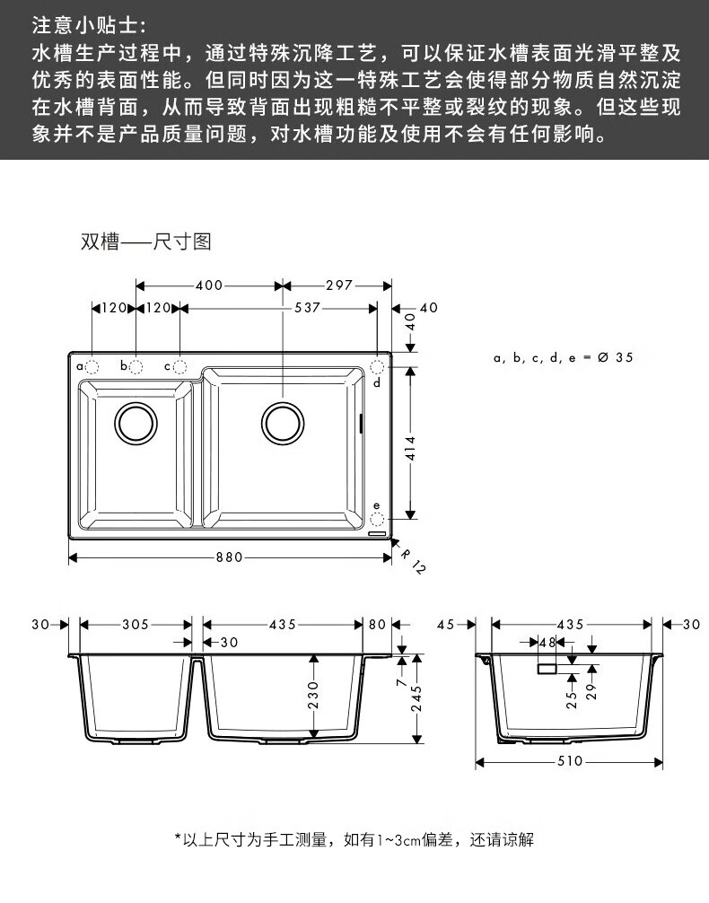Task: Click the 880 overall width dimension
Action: pyautogui.click(x=229, y=557)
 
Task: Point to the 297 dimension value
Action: pyautogui.click(x=338, y=286)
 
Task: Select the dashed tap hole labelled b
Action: pyautogui.click(x=136, y=366)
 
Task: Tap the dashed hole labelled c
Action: pyautogui.click(x=179, y=366)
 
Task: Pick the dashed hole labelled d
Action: pyautogui.click(x=377, y=366)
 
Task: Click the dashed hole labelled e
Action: pyautogui.click(x=377, y=519)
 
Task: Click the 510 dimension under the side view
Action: pyautogui.click(x=570, y=762)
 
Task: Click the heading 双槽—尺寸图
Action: pyautogui.click(x=145, y=242)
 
